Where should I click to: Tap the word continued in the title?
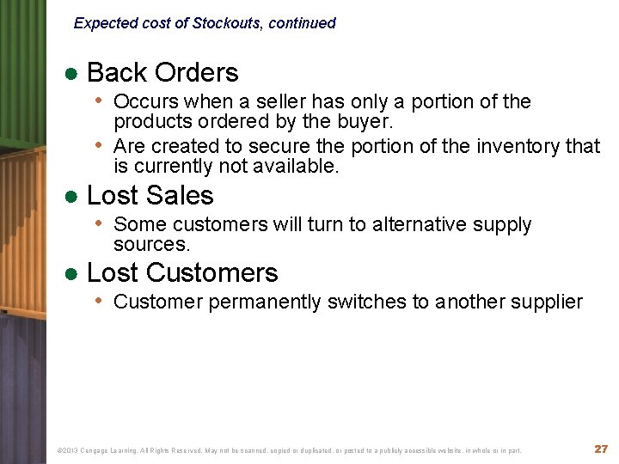(x=302, y=23)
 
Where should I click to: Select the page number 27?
(x=601, y=449)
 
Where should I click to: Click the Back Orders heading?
(x=162, y=72)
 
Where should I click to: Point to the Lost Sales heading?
(x=150, y=195)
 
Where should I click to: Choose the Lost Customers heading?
(x=182, y=272)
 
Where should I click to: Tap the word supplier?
(x=544, y=302)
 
